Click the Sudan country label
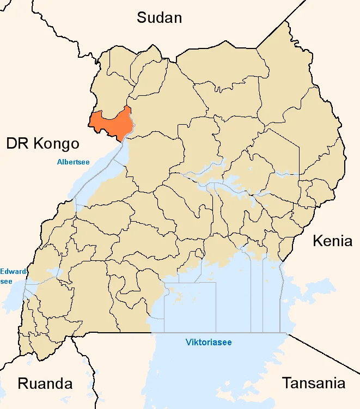click(x=159, y=17)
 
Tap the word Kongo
click(x=56, y=144)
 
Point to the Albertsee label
click(x=73, y=162)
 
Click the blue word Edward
click(x=12, y=271)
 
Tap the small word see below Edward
click(x=6, y=280)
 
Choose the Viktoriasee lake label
click(x=209, y=343)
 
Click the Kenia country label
click(x=332, y=241)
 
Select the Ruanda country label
click(x=45, y=383)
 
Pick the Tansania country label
click(x=313, y=383)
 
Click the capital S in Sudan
click(x=142, y=17)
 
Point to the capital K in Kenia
click(x=317, y=241)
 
